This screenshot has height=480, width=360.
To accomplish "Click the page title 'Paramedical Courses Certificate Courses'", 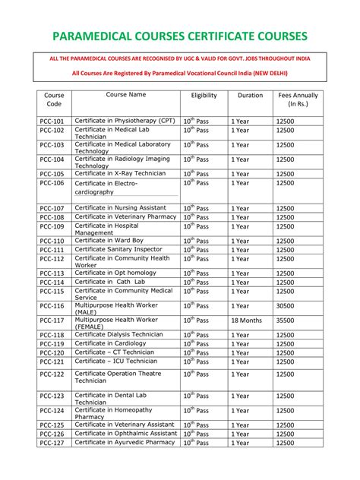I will point(180,36).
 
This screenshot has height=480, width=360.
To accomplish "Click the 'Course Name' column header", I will point(126,95).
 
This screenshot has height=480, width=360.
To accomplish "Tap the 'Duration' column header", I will point(250,96).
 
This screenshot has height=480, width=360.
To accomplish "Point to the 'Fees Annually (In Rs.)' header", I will point(298,100).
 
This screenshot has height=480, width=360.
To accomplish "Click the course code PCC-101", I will point(52,122).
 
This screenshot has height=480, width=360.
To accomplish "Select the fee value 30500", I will point(286,305).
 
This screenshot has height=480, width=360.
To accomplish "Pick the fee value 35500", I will point(286,321).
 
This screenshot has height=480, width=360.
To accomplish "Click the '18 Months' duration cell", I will point(248,321).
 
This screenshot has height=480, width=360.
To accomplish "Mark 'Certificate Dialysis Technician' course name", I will point(119,334).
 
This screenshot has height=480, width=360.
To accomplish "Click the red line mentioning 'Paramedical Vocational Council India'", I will point(180,73).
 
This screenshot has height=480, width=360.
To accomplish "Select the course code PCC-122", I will point(52,374).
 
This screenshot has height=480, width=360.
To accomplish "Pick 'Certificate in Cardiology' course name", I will point(110,343).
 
